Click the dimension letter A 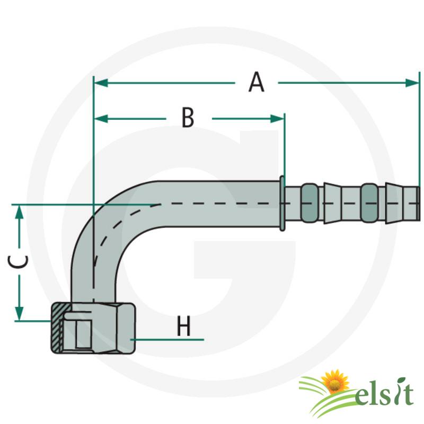tap(256, 82)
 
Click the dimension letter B tap(188, 118)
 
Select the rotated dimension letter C tap(18, 261)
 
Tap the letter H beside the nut tap(183, 326)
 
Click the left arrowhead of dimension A tap(101, 83)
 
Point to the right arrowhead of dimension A tap(412, 83)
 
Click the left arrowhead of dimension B tap(101, 118)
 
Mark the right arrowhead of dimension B tap(277, 118)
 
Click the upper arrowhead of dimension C tap(19, 212)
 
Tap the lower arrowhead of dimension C tap(19, 314)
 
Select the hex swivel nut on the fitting tap(93, 328)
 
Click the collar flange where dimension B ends tap(282, 204)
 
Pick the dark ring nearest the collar tap(310, 203)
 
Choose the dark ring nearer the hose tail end tap(369, 203)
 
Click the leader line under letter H tap(167, 339)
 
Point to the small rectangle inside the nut tap(83, 334)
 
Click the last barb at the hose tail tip tap(403, 203)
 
